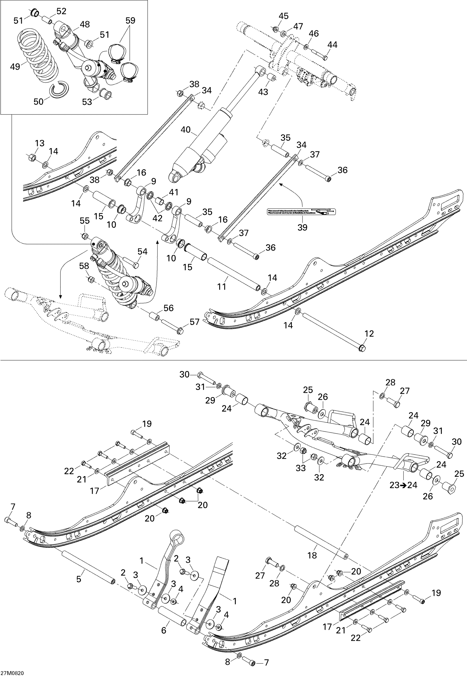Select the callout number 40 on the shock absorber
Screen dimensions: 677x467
[x=186, y=130]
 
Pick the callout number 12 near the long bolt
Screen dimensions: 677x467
[x=369, y=334]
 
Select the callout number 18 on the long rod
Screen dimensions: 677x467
[x=312, y=555]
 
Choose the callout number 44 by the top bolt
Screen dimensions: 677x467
[x=332, y=45]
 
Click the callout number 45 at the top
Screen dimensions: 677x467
[x=283, y=16]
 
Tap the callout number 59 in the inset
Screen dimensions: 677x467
[x=130, y=21]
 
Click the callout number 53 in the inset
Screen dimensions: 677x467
[x=87, y=102]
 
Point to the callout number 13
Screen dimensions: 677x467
[x=39, y=143]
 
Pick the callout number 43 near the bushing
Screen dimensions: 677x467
[x=263, y=92]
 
